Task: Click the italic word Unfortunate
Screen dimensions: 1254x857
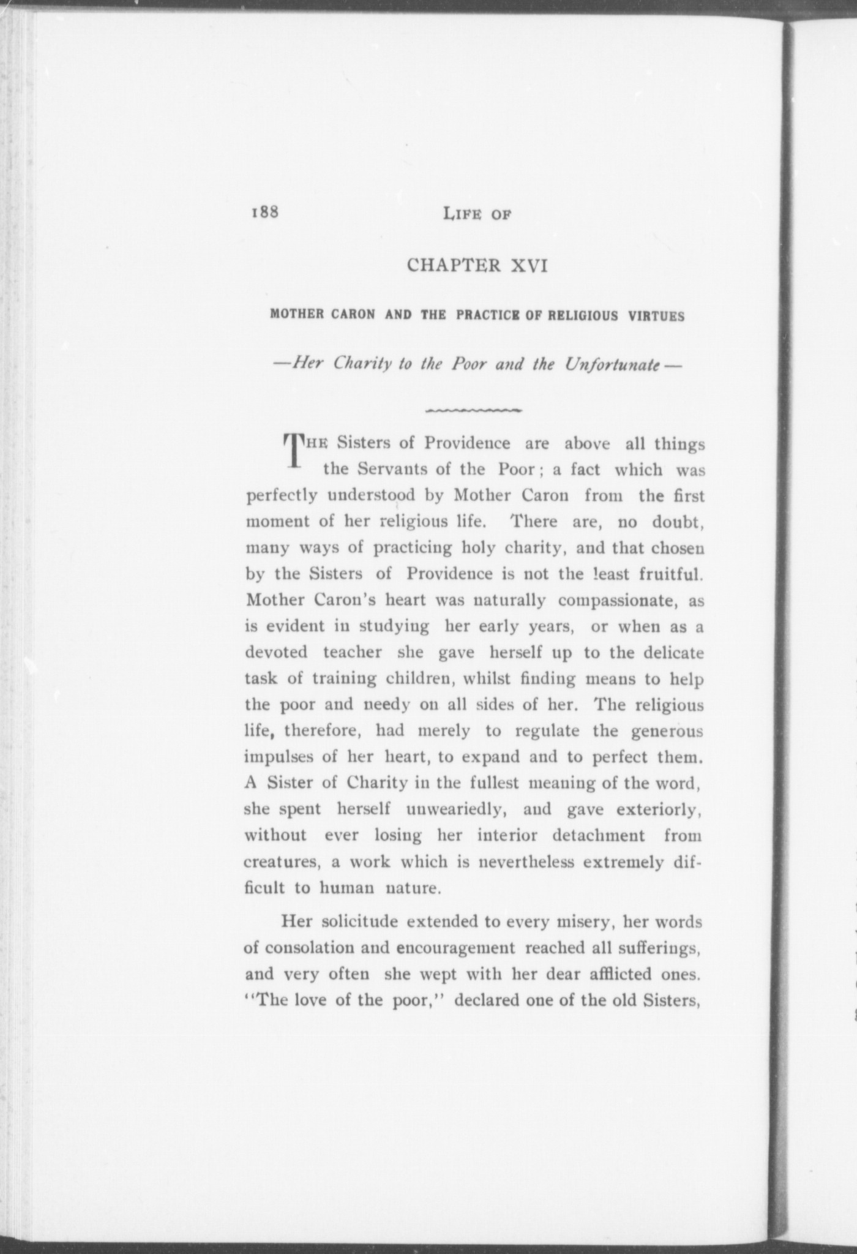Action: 612,365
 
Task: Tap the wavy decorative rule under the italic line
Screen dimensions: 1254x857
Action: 473,409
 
